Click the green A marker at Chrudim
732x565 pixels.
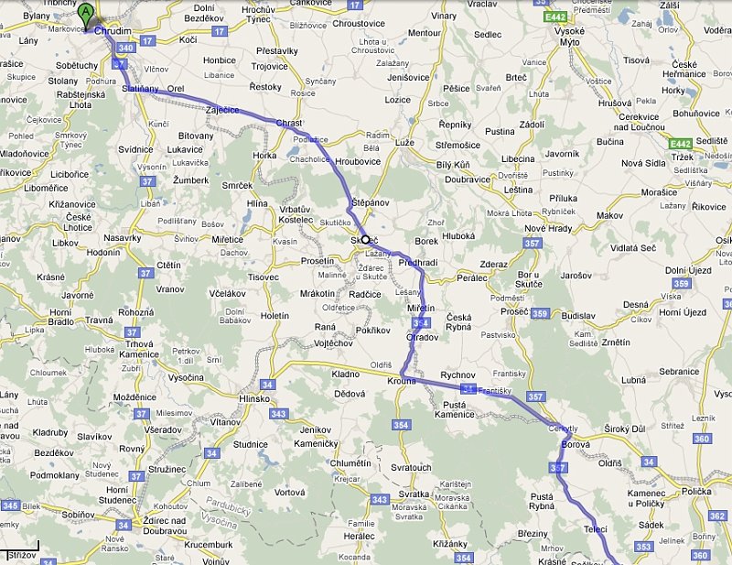[86, 14]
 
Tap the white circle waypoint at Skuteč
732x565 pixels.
[366, 239]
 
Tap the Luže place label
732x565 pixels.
[404, 143]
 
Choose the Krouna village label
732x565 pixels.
[401, 380]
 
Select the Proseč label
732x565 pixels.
[514, 311]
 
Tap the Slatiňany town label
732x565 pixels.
[140, 89]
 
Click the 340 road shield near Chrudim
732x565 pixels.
[126, 48]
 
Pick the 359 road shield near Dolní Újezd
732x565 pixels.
[679, 284]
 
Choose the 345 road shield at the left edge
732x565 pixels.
[11, 505]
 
